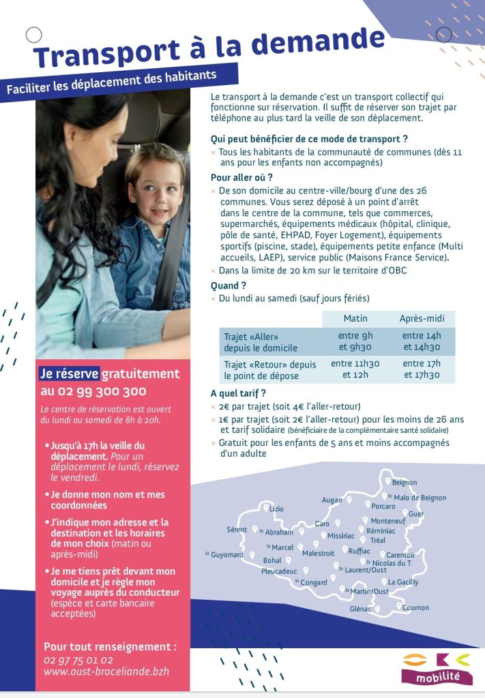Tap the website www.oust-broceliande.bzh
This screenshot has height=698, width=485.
[x=106, y=671]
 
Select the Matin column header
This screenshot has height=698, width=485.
[x=355, y=318]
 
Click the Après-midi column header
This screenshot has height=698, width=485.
[x=422, y=318]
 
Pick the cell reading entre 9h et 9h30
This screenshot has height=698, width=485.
[x=355, y=342]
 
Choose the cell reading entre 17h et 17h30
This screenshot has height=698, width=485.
[x=422, y=369]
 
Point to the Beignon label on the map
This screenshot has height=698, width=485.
[x=404, y=483]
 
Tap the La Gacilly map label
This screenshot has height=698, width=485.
[x=403, y=582]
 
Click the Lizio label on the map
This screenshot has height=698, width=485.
[x=276, y=509]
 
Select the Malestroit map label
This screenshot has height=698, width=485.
[x=319, y=553]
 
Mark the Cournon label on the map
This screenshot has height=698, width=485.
[x=415, y=607]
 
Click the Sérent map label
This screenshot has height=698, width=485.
[x=237, y=530]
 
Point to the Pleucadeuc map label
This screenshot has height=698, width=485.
[x=279, y=571]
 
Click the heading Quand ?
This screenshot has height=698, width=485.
[x=229, y=286]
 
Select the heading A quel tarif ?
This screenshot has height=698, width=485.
[x=238, y=393]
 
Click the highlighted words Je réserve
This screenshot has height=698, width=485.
[x=69, y=374]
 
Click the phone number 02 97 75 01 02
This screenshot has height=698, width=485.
[x=78, y=660]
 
